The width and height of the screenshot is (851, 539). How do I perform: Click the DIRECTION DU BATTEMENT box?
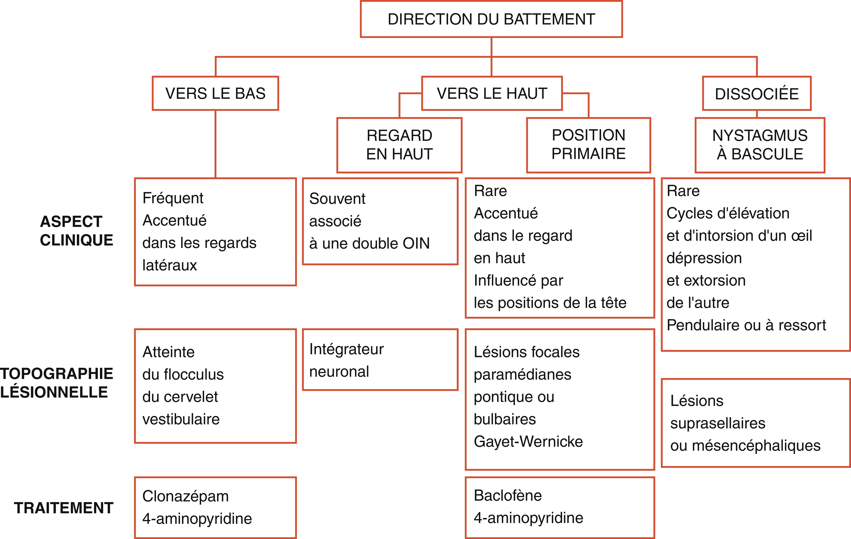[x=491, y=19]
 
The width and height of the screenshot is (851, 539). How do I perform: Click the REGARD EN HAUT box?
[x=399, y=145]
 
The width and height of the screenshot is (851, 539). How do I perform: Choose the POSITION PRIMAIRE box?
[x=588, y=145]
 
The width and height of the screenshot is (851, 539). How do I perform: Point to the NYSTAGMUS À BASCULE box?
[x=760, y=145]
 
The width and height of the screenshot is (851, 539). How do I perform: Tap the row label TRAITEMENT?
[x=64, y=508]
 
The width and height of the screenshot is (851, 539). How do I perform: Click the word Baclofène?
[x=508, y=496]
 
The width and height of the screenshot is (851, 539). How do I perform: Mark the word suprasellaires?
[x=718, y=423]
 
